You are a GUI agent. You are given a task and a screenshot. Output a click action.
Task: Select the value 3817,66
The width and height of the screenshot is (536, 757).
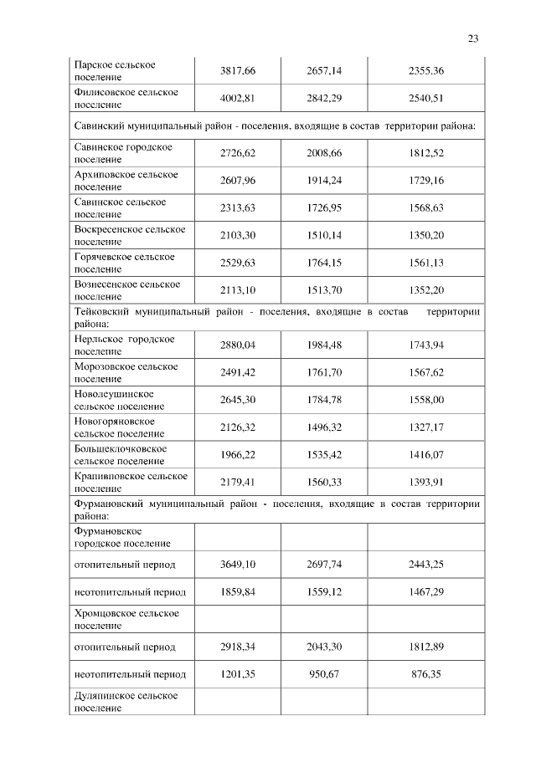click(x=237, y=71)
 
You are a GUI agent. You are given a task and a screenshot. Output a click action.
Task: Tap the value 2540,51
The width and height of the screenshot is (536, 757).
click(x=426, y=99)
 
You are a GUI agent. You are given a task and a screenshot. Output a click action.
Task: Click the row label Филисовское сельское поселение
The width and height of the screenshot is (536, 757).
click(x=126, y=99)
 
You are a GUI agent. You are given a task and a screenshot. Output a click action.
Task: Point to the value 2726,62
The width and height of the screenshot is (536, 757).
click(x=237, y=153)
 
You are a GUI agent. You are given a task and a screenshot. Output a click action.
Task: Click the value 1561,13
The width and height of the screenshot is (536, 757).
click(x=426, y=263)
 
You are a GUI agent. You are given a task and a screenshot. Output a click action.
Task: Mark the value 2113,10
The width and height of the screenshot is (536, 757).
click(x=237, y=290)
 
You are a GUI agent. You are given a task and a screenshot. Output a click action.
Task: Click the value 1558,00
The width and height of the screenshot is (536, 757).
click(x=426, y=400)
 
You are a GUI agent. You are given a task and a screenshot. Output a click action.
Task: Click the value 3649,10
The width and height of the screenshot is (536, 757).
click(x=237, y=565)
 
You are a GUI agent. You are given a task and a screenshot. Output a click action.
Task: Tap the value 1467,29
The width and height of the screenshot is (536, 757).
click(x=426, y=592)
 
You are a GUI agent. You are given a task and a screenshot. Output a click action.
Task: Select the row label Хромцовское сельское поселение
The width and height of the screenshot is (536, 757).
click(x=126, y=620)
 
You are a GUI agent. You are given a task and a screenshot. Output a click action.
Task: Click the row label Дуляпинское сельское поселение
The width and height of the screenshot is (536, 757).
click(x=126, y=702)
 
